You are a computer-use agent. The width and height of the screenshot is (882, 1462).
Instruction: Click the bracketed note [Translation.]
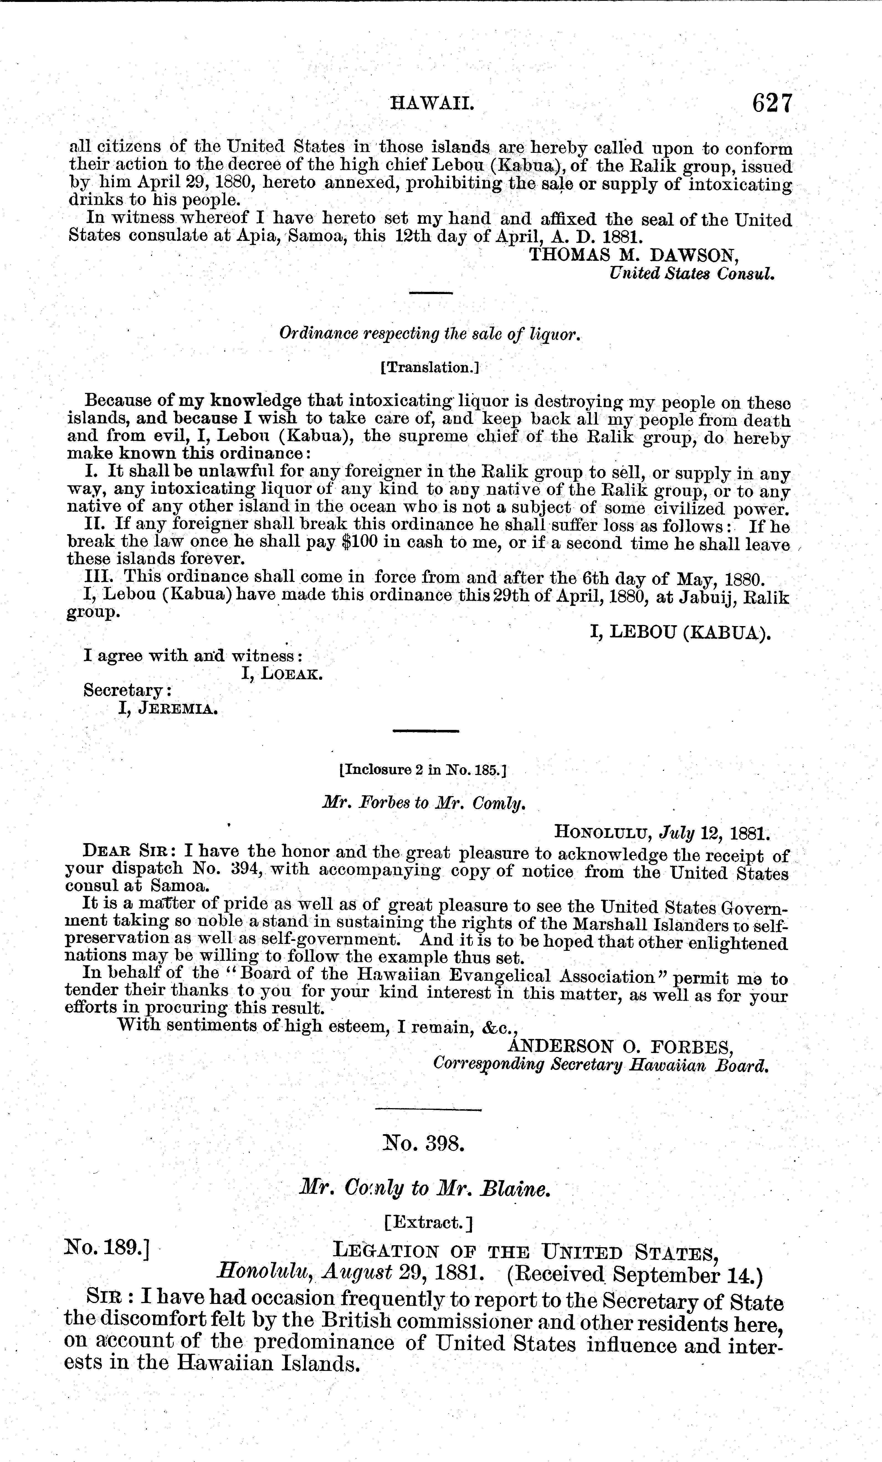point(429,368)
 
